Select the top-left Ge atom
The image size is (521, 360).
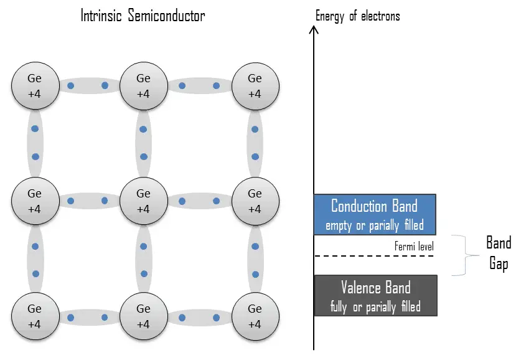click(x=35, y=86)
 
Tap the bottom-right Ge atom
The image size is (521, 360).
click(x=255, y=316)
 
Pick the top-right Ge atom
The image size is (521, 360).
click(x=255, y=86)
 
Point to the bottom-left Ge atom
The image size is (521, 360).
click(x=35, y=316)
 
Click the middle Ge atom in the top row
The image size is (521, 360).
click(x=143, y=86)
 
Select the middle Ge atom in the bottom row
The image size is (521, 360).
click(x=143, y=316)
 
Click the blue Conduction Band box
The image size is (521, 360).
click(x=375, y=214)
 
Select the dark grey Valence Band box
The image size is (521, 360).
click(x=375, y=295)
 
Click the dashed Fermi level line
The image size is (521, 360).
click(x=374, y=256)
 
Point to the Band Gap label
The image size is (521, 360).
click(x=498, y=253)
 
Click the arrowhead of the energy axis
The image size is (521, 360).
click(x=314, y=29)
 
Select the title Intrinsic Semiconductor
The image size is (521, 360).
click(x=143, y=16)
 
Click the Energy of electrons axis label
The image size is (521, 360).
click(x=357, y=16)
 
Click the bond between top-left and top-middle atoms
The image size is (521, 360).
click(x=88, y=85)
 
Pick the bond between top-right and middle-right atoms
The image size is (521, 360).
click(x=254, y=143)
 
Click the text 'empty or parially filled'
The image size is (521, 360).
click(x=375, y=225)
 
